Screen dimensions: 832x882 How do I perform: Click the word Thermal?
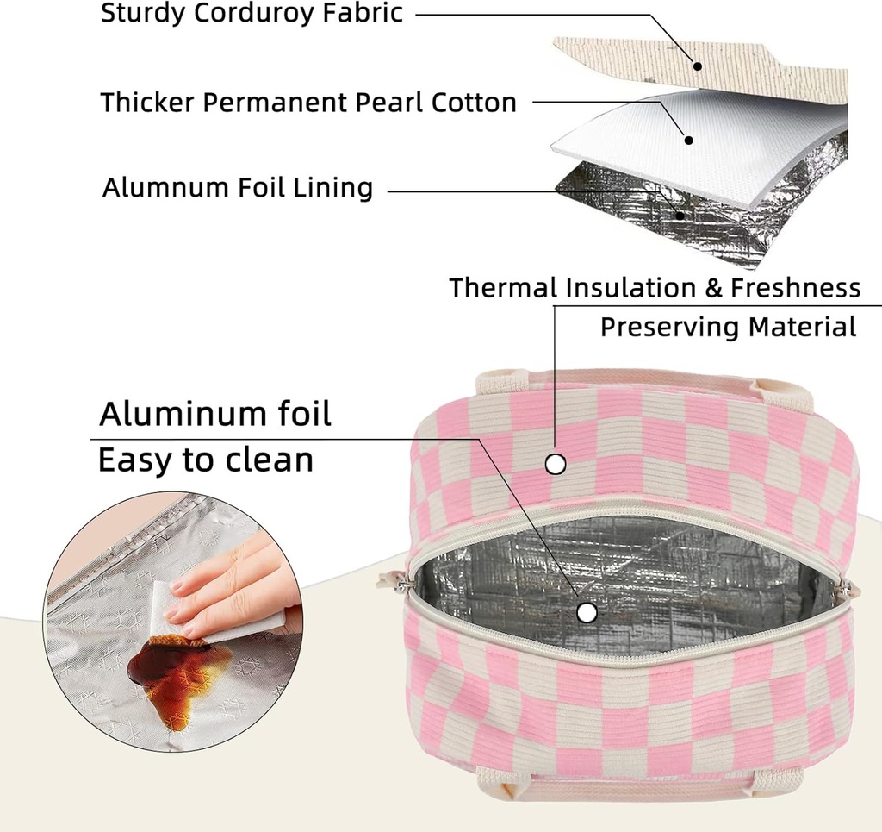point(503,288)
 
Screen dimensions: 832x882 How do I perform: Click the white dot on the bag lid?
point(556,465)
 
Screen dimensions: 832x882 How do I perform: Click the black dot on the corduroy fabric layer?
point(697,66)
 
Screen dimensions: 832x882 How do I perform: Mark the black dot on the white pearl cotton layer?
point(687,140)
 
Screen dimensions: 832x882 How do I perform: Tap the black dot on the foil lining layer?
point(680,215)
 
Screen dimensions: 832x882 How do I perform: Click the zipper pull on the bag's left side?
point(387,579)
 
